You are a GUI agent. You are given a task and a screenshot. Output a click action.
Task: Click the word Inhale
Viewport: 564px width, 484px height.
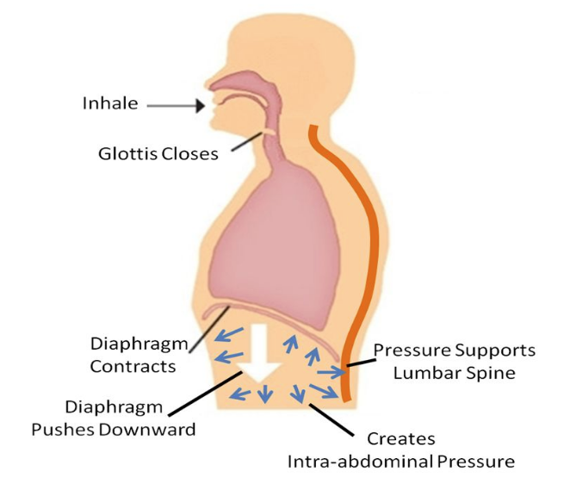pos(109,104)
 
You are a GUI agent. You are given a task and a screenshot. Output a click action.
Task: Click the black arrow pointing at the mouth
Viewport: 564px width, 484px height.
pos(177,106)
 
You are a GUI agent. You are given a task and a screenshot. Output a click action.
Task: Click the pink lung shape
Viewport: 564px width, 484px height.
pos(263,241)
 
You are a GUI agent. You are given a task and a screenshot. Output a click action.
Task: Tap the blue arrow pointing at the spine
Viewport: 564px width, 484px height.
pos(331,371)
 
